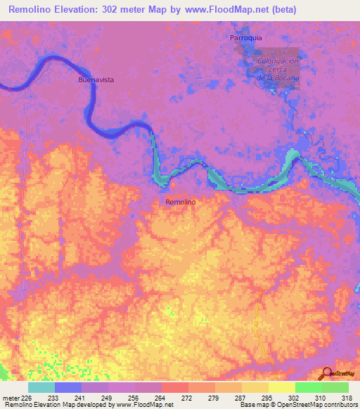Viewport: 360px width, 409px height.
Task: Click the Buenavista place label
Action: (x=96, y=80)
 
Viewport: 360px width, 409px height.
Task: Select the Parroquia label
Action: (x=245, y=37)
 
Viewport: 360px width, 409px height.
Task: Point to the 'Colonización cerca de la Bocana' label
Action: (x=278, y=70)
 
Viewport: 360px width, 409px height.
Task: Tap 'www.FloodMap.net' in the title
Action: (x=218, y=10)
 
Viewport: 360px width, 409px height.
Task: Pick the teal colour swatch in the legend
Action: (x=41, y=387)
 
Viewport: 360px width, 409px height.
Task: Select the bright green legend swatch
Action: (x=308, y=387)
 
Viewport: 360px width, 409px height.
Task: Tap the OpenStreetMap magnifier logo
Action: (x=327, y=373)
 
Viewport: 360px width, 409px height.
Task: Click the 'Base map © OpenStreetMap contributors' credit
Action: (x=297, y=405)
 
